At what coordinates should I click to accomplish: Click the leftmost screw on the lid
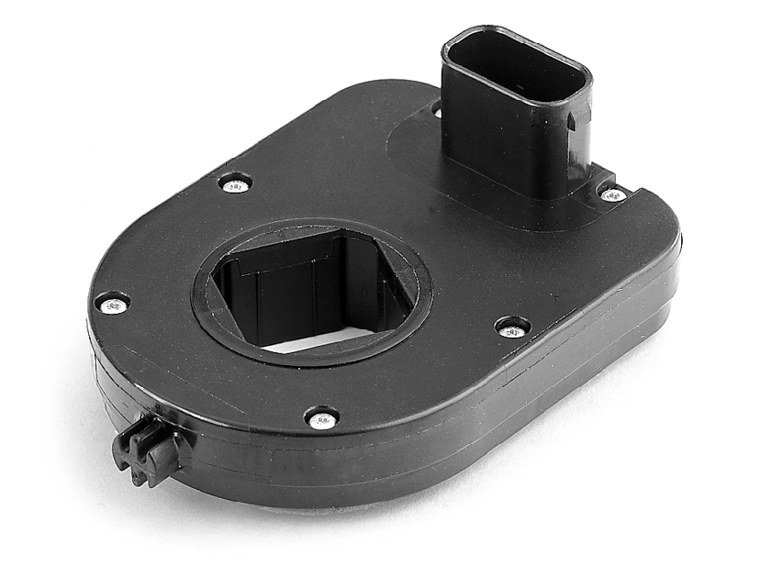tap(112, 305)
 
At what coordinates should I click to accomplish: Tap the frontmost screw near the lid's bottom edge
tap(321, 420)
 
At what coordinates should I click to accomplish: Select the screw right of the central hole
tap(512, 328)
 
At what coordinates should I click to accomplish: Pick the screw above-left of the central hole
tap(235, 184)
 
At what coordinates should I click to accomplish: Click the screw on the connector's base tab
tap(612, 194)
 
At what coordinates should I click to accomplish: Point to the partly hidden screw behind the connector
tap(437, 110)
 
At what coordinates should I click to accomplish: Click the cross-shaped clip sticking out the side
tap(147, 450)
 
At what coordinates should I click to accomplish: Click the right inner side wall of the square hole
tap(386, 294)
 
